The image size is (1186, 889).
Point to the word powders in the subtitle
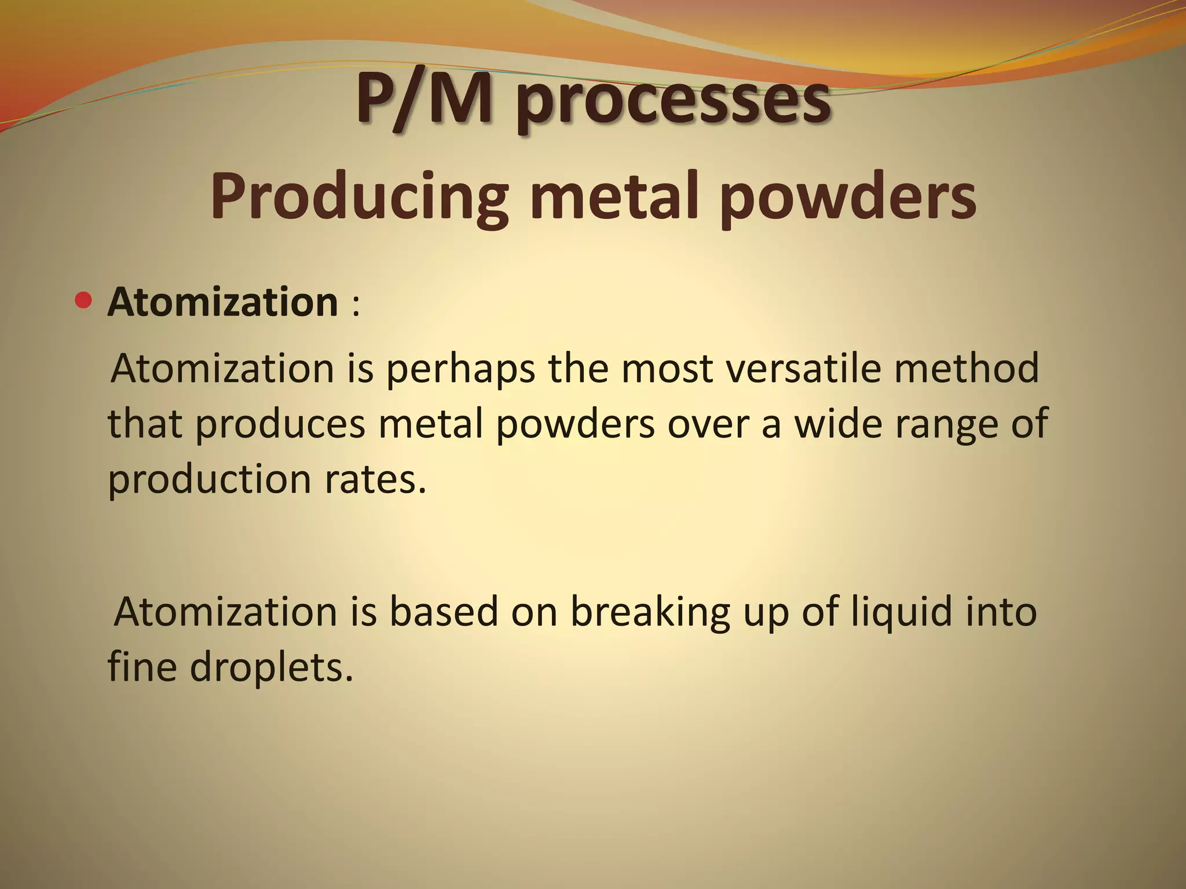[848, 198]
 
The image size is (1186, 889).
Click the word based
[443, 611]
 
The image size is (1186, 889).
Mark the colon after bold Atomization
[355, 305]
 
